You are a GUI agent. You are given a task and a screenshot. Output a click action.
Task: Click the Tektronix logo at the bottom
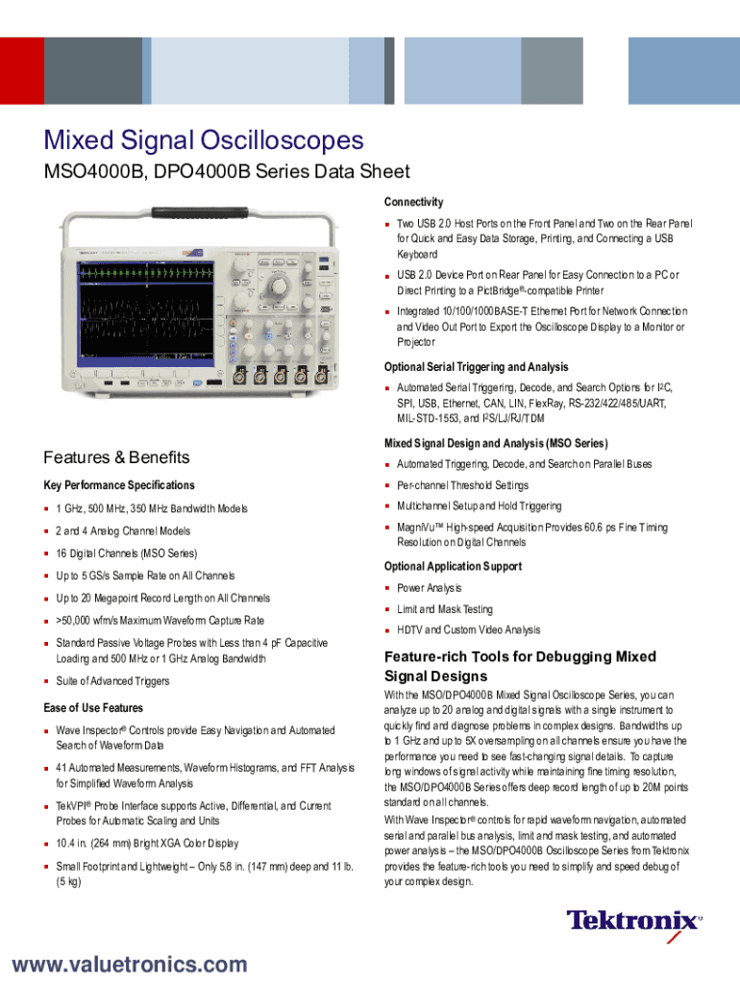click(x=633, y=921)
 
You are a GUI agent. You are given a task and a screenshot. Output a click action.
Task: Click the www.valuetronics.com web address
click(x=129, y=964)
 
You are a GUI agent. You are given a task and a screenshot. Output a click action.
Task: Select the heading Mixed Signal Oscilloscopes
click(x=204, y=141)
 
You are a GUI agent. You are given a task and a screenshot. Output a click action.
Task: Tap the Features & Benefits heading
click(x=116, y=457)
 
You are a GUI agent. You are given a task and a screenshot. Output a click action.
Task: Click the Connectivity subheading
click(x=413, y=202)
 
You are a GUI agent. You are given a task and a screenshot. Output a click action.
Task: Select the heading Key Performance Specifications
click(x=119, y=485)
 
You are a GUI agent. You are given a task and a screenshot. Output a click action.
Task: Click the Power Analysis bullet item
click(x=430, y=588)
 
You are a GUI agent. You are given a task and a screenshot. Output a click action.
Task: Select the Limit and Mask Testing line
click(x=444, y=609)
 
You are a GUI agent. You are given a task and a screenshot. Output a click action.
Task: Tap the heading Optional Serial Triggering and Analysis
click(x=476, y=367)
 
